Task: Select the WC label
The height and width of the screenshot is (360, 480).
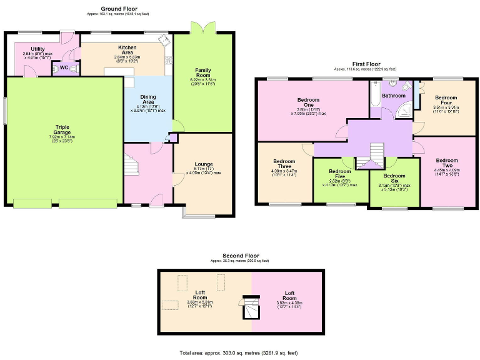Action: (x=64, y=68)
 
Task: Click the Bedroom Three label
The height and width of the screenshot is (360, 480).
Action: (x=284, y=163)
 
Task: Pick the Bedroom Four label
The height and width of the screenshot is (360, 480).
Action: (x=446, y=97)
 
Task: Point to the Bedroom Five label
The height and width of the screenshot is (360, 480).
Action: (x=340, y=171)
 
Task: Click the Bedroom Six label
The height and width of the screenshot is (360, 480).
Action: (x=394, y=176)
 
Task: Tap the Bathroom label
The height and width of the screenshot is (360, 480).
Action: (x=394, y=96)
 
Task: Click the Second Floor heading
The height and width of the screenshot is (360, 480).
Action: (x=240, y=256)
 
